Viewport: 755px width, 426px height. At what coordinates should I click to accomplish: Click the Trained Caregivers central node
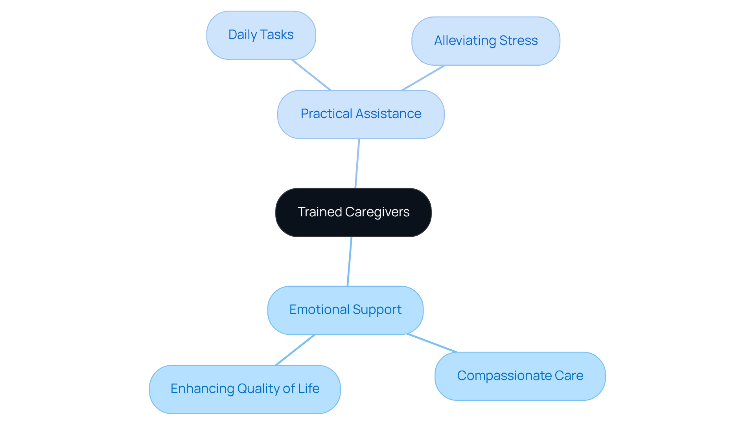click(353, 212)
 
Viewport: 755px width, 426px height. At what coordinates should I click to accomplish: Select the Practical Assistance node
click(361, 114)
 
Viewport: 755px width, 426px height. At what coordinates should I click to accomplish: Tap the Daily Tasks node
click(261, 35)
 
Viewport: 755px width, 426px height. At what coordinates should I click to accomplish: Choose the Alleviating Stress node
click(486, 41)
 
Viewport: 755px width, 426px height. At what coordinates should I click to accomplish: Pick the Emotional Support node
click(345, 310)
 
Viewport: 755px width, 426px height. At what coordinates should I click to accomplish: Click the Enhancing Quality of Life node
click(245, 389)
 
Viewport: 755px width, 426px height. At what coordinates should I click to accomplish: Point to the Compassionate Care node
click(520, 376)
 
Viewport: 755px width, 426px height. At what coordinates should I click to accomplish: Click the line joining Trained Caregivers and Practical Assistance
click(357, 164)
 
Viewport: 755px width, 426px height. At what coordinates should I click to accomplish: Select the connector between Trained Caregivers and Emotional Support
click(350, 262)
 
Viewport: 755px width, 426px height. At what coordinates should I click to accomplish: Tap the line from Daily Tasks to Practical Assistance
click(311, 75)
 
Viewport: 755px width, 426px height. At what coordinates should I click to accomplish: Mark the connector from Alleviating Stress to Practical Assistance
click(423, 78)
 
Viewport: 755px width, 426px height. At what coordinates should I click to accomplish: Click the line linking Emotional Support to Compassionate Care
click(432, 343)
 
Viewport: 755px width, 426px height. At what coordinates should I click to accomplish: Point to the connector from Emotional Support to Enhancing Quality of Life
click(295, 350)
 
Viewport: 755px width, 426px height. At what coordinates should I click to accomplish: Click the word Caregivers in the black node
click(377, 212)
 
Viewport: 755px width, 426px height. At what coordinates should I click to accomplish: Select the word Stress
click(518, 41)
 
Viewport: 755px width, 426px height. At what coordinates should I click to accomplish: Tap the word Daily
click(242, 35)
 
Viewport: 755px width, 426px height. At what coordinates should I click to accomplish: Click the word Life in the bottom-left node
click(309, 389)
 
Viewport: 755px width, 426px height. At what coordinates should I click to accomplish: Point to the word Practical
click(326, 114)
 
